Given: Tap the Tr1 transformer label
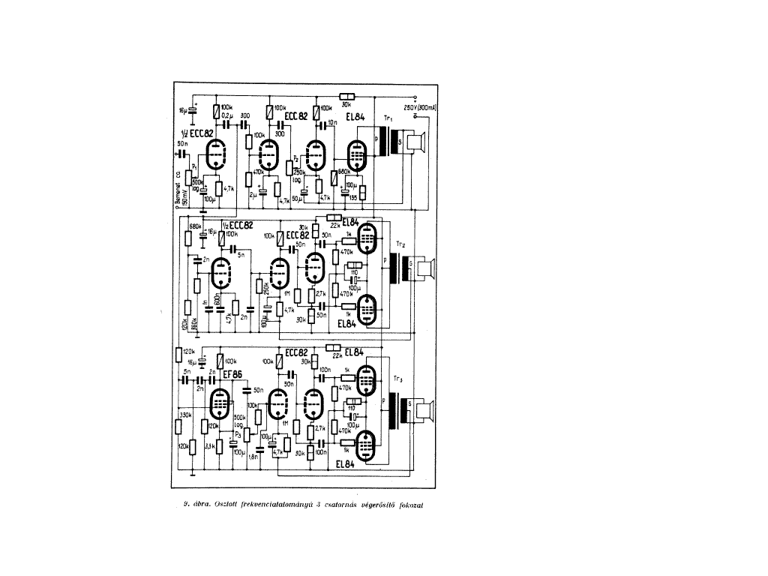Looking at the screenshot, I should point(388,120).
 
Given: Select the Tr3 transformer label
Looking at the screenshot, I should point(397,379).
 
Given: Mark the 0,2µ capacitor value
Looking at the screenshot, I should point(226,117).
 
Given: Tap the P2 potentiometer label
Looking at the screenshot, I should point(296,160).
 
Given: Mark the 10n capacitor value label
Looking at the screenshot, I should point(332,122).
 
